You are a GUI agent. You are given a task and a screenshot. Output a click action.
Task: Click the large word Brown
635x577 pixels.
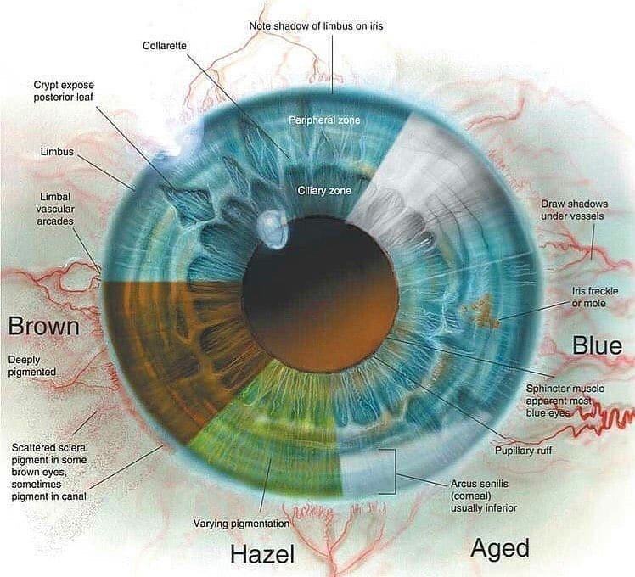point(43,326)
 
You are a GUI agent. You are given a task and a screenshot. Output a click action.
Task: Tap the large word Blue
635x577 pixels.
point(597,345)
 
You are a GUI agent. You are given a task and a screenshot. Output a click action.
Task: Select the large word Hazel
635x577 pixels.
point(262,554)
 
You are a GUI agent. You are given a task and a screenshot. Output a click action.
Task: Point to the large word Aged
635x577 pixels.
point(500,547)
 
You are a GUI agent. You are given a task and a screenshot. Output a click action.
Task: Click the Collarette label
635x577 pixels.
point(165,44)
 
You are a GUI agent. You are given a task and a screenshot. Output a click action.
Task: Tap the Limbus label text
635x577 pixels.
point(57,152)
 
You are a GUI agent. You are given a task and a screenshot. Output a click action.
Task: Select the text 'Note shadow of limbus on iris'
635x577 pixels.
point(315,26)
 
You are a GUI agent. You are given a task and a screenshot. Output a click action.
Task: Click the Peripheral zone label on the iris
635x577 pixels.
point(324,120)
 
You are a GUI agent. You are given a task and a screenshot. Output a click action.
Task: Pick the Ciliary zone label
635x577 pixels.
point(324,191)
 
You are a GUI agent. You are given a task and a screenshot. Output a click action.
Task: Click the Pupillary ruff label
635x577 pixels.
point(522,450)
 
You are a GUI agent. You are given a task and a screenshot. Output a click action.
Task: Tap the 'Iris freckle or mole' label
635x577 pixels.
point(595,297)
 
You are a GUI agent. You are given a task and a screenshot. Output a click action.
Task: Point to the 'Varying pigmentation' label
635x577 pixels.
point(240,522)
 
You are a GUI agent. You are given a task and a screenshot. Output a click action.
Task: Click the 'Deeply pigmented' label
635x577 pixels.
point(32,365)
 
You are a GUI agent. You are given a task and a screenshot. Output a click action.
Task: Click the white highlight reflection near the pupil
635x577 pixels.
point(271,228)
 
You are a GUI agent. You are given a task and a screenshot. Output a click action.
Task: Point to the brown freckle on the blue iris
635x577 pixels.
point(484,317)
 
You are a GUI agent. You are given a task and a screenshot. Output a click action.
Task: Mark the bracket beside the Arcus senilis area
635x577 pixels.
point(392,472)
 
